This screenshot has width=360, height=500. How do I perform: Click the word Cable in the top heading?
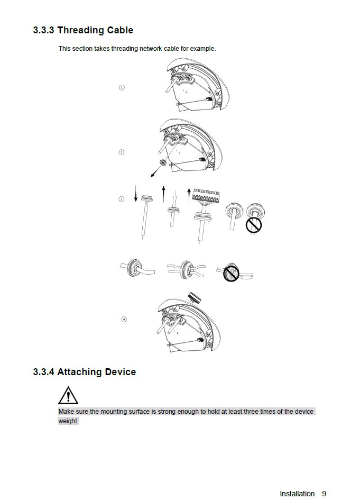pos(120,30)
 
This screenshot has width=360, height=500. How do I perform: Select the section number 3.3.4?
pos(43,372)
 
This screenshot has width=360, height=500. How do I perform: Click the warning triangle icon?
pos(68,396)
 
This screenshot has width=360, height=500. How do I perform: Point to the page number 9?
pos(324,494)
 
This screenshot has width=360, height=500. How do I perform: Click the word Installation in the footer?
pos(297,494)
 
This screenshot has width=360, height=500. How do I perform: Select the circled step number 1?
pos(122,87)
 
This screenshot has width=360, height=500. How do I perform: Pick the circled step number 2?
pos(122,152)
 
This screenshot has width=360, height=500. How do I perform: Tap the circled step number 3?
pos(122,199)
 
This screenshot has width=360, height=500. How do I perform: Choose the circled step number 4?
pos(124,319)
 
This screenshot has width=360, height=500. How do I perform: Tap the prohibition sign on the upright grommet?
pos(254,225)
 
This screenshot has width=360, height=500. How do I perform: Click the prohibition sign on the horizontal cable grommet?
pos(231,274)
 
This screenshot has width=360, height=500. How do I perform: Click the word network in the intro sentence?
pos(152,49)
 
